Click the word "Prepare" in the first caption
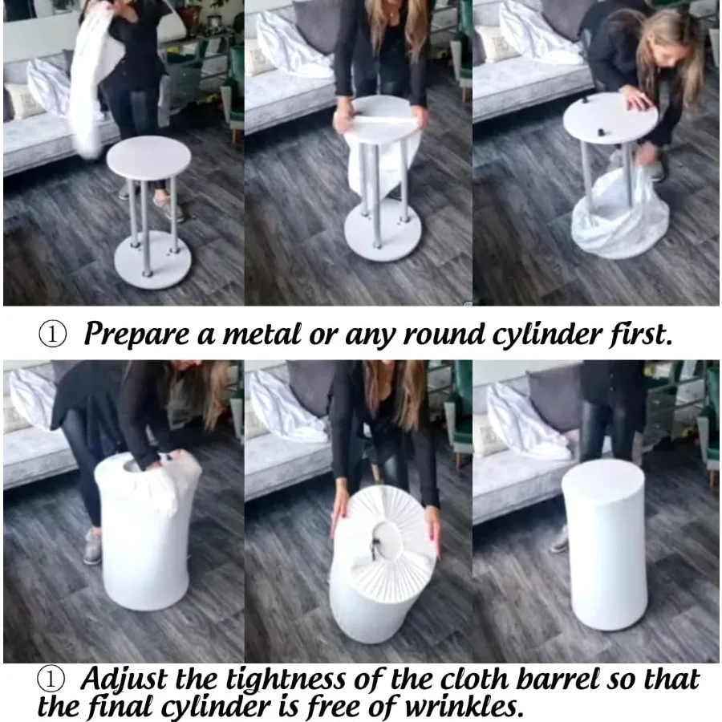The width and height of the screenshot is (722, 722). [x=136, y=334]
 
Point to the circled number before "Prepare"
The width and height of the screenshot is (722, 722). [x=52, y=335]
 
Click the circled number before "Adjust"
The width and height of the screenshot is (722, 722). [x=51, y=679]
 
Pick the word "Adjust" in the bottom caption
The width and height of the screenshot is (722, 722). [x=124, y=679]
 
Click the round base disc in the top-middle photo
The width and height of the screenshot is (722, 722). [x=382, y=232]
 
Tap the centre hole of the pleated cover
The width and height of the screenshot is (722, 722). [x=385, y=539]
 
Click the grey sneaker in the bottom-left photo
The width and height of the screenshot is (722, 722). [x=92, y=547]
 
